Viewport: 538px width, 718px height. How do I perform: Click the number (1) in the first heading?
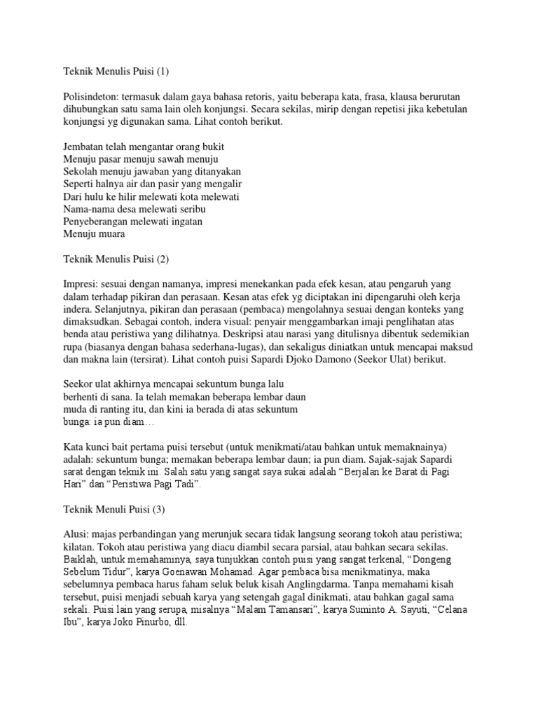163,71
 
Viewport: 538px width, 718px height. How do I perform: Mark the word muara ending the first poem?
109,234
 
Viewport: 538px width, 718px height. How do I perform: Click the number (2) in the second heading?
163,259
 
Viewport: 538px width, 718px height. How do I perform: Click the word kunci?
97,448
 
